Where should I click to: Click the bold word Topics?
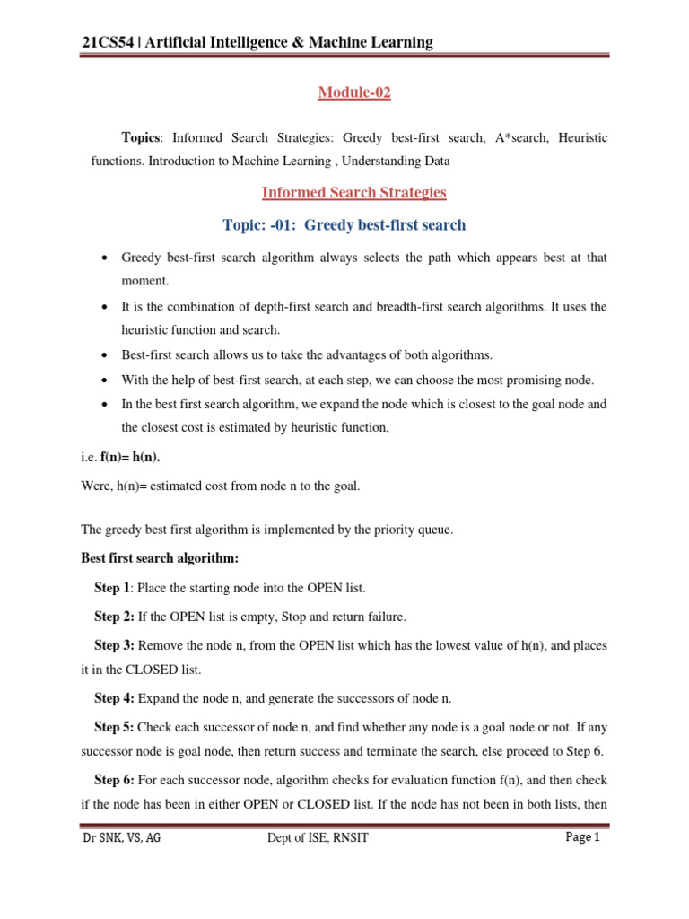pos(141,138)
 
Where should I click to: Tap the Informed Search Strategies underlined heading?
pos(353,193)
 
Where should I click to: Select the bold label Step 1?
pos(112,589)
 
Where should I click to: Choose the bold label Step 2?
pos(114,617)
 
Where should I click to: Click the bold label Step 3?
pos(114,644)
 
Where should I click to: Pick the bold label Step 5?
pos(114,728)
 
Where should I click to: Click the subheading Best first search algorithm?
pos(160,558)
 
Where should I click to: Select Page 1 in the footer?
pos(582,837)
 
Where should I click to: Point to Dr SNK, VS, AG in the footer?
pos(123,838)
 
